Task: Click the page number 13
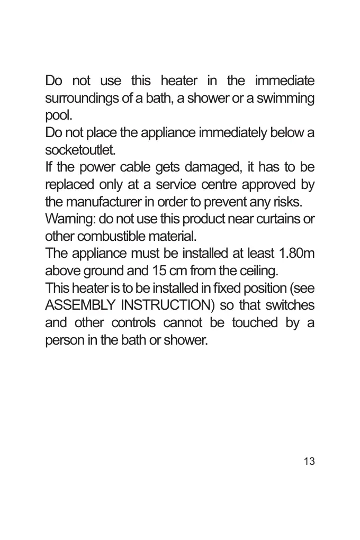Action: (x=309, y=461)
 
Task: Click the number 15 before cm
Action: (x=159, y=271)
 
